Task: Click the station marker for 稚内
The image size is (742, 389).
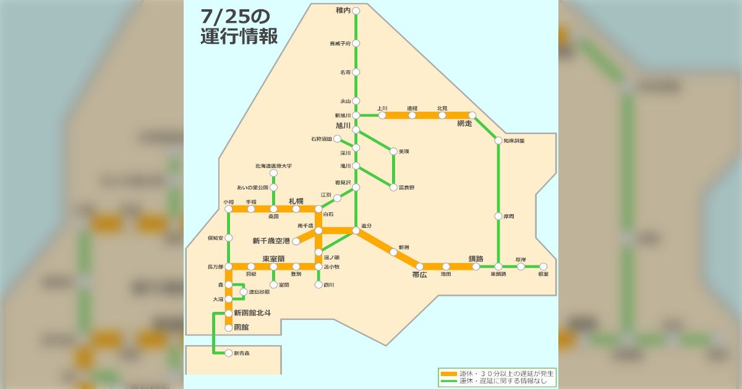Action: [x=356, y=10]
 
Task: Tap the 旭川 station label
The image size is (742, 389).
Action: [x=343, y=125]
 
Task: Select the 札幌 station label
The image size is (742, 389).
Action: [x=296, y=201]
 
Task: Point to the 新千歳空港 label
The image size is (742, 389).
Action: [x=271, y=241]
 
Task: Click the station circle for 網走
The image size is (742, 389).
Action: [x=472, y=115]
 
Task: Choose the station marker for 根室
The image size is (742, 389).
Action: [x=544, y=267]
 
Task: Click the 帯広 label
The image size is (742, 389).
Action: [x=419, y=275]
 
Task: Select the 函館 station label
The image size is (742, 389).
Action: [x=241, y=327]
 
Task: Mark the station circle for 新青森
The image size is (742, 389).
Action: [x=228, y=353]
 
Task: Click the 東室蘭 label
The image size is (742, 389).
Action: [x=273, y=259]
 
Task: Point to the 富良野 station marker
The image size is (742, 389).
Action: [x=393, y=187]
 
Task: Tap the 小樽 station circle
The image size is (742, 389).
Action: [x=228, y=209]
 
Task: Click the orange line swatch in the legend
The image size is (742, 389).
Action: [x=448, y=374]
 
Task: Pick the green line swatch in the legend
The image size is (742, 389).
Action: [x=448, y=382]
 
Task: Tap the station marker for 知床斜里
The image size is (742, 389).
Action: [x=498, y=141]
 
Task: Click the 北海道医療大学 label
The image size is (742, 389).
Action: [x=273, y=166]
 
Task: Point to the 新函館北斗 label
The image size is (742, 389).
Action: [x=252, y=313]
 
